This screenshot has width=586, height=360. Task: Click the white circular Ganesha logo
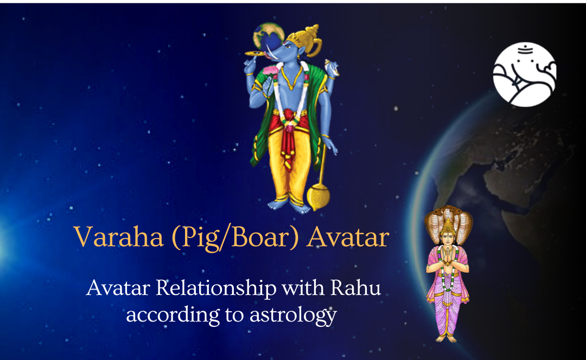click(524, 74)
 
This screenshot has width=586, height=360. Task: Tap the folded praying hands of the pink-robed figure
click(448, 255)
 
